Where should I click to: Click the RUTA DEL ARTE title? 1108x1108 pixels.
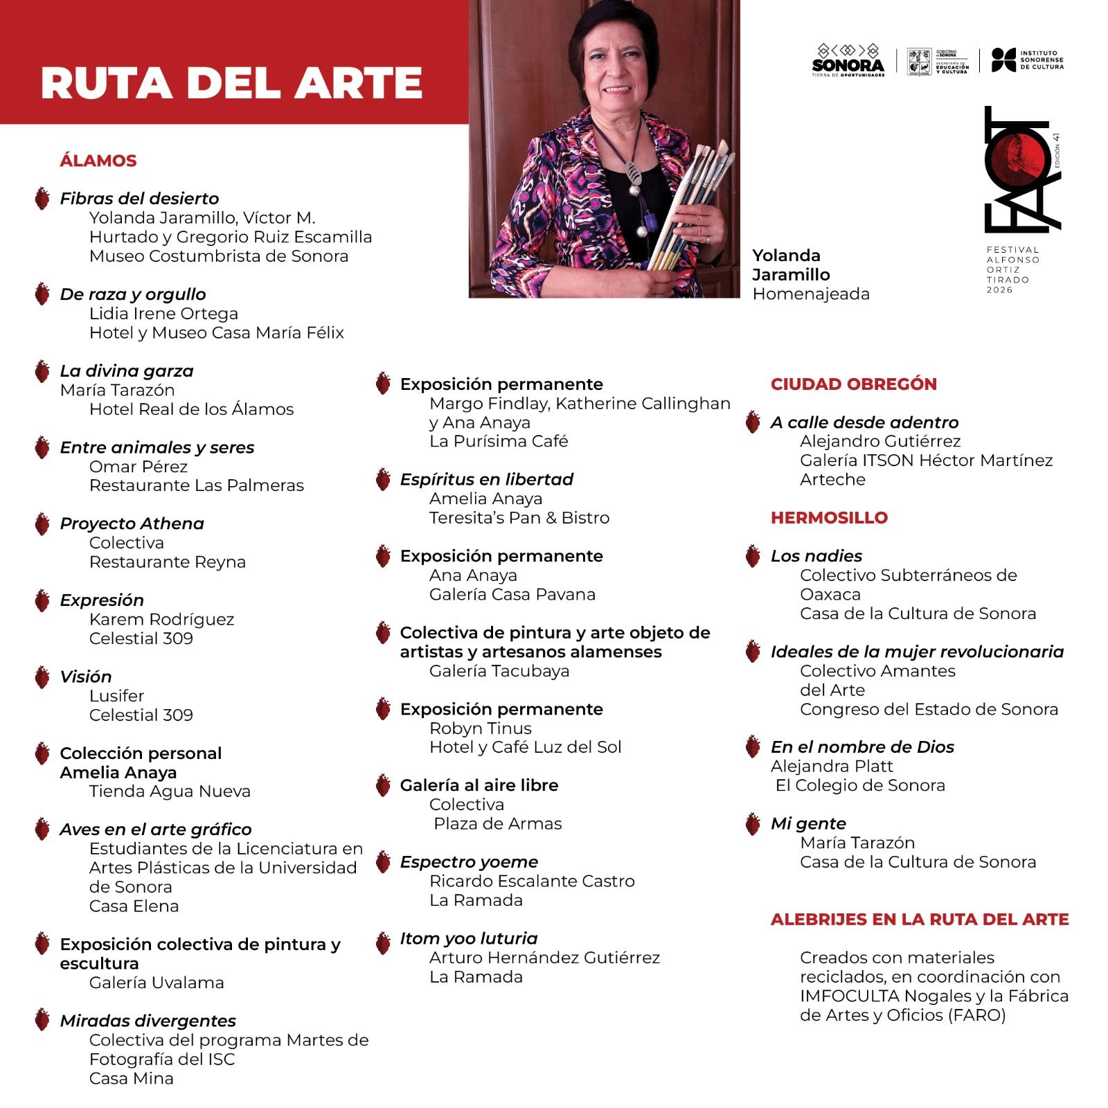pyautogui.click(x=231, y=83)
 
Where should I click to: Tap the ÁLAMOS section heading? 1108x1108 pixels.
pyautogui.click(x=98, y=161)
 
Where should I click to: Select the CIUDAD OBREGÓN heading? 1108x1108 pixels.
pyautogui.click(x=853, y=384)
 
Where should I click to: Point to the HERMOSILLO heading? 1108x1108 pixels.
pyautogui.click(x=829, y=518)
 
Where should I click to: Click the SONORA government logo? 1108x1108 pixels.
pyautogui.click(x=848, y=61)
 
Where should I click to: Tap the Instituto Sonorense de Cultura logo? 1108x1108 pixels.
pyautogui.click(x=1027, y=60)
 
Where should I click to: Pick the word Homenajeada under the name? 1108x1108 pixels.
pyautogui.click(x=810, y=294)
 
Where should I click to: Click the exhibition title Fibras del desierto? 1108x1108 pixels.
pyautogui.click(x=139, y=199)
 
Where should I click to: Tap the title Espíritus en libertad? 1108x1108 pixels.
pyautogui.click(x=486, y=479)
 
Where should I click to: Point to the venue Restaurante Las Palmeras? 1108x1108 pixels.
pyautogui.click(x=196, y=485)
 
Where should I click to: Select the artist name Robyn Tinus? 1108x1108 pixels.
pyautogui.click(x=480, y=729)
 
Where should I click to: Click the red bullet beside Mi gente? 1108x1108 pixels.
pyautogui.click(x=753, y=824)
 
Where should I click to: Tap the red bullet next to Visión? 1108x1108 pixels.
pyautogui.click(x=42, y=677)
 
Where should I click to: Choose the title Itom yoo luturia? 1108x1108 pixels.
pyautogui.click(x=468, y=938)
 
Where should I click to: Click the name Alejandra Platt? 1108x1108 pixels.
pyautogui.click(x=831, y=767)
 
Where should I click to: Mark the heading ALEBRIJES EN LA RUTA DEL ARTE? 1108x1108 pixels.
pyautogui.click(x=919, y=920)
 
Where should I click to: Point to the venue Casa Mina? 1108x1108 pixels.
pyautogui.click(x=131, y=1078)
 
